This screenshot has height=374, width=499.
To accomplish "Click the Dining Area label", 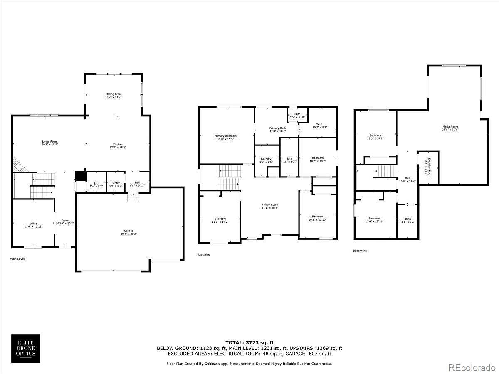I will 113,94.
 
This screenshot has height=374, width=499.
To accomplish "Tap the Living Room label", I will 49,142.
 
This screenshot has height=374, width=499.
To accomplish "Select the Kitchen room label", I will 118,145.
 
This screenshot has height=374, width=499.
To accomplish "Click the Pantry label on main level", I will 115,183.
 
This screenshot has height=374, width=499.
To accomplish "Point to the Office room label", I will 33,224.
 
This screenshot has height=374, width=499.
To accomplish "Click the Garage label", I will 128,231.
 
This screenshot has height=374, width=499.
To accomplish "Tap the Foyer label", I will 65,221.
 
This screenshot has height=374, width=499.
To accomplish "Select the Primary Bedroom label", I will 225,136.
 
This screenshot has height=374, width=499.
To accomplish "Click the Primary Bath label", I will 277,128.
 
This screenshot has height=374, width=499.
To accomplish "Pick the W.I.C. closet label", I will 319,124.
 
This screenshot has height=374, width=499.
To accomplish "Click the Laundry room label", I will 266,159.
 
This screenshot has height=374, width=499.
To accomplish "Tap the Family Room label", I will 270,204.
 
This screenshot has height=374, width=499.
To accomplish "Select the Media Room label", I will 450,127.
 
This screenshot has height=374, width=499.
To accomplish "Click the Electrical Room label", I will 428,168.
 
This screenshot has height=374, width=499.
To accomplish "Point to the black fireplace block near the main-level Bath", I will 80,176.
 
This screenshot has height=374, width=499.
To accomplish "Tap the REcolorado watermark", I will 471,367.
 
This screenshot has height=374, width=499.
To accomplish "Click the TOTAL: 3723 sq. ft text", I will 249,342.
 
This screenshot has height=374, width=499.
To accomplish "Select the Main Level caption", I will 17,259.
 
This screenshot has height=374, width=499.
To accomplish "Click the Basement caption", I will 360,251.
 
